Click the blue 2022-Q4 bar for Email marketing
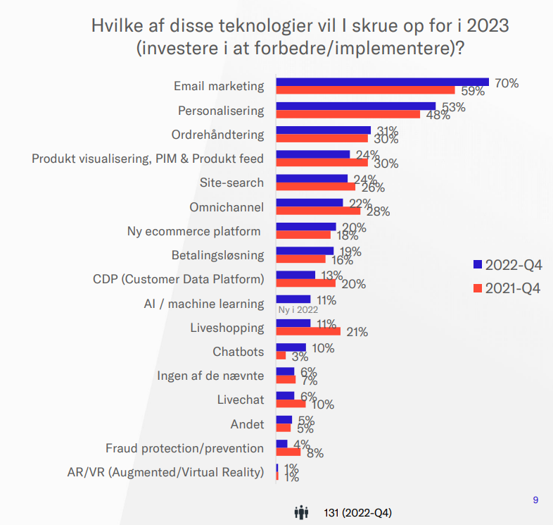(x=382, y=82)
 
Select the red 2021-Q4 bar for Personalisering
(x=348, y=114)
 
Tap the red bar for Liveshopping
(x=308, y=331)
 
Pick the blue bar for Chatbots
(x=291, y=347)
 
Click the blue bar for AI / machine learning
(x=293, y=299)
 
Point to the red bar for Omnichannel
(x=318, y=211)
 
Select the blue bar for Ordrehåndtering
(x=323, y=130)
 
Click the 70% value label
(x=507, y=83)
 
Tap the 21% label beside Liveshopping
(x=355, y=332)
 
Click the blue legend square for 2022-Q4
(x=477, y=265)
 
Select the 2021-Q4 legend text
(x=513, y=288)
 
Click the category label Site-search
(x=231, y=183)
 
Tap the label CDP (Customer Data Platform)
(x=179, y=279)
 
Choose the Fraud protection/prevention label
(x=184, y=448)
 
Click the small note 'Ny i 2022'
(x=298, y=309)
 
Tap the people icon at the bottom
(x=301, y=512)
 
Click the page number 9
(x=535, y=500)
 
